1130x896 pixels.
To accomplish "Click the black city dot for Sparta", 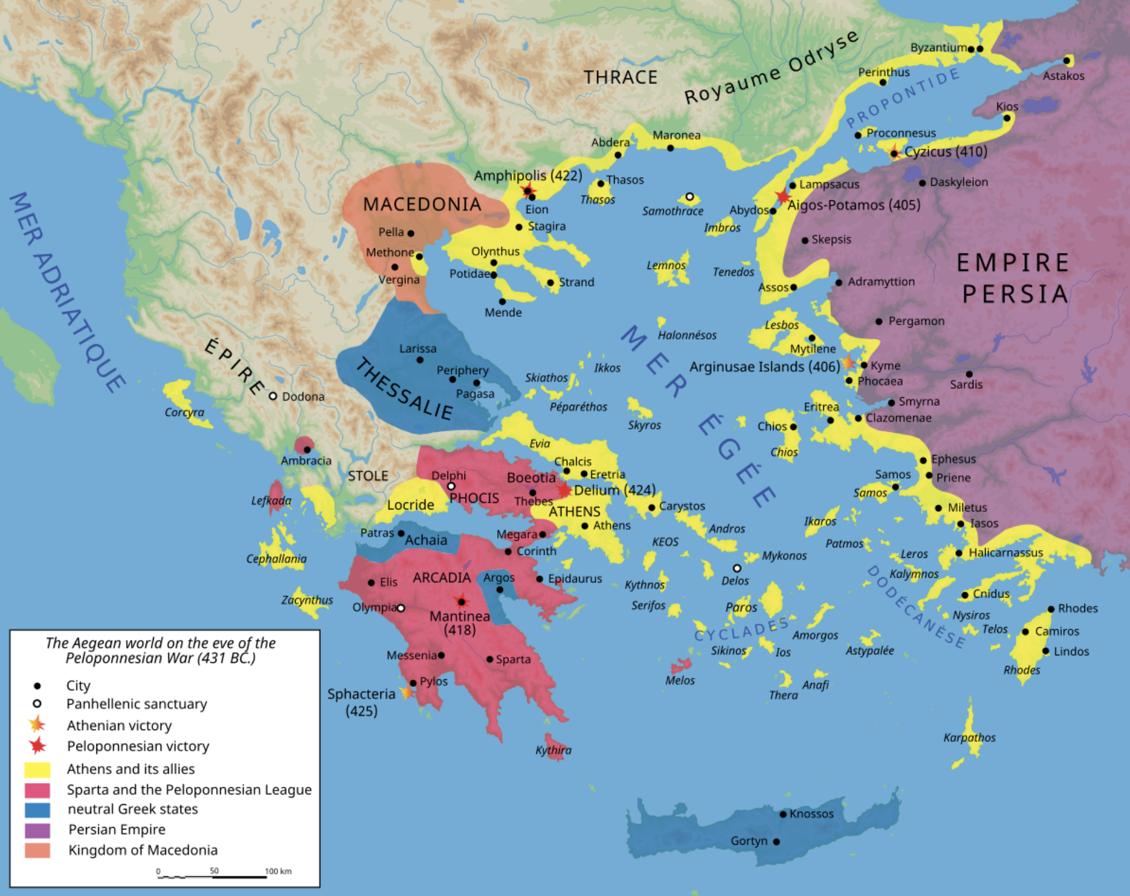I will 490,659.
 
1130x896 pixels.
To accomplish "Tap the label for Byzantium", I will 938,47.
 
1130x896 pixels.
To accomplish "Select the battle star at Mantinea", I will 462,602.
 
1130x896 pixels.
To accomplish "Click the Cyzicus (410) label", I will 945,152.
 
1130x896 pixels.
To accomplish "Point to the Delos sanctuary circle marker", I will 737,568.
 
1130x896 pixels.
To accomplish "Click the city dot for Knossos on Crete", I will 783,814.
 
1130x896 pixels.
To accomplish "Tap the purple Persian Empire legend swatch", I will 37,830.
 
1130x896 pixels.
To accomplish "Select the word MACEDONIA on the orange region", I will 422,204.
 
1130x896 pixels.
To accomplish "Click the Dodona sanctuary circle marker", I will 273,396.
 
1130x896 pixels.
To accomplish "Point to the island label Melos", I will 680,680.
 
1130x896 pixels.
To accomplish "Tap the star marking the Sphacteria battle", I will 406,693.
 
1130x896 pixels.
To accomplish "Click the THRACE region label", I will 621,77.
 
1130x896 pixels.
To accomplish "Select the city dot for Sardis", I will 969,374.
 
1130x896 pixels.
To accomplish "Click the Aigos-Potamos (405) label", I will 854,205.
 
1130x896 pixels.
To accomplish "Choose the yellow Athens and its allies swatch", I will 37,769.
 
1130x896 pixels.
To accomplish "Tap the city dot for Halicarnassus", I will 959,553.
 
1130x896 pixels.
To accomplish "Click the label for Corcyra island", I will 185,412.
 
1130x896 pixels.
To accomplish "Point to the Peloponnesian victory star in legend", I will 37,746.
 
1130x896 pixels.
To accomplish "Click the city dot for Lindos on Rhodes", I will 1045,651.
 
